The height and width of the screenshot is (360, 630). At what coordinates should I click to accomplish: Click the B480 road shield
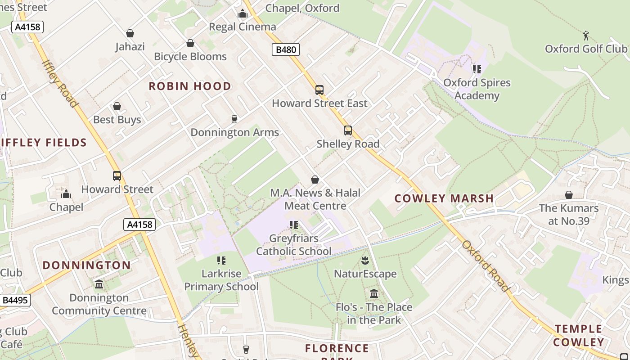point(286,49)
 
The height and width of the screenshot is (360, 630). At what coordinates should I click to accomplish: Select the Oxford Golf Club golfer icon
point(586,36)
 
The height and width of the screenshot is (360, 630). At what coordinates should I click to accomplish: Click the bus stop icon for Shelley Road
point(348,130)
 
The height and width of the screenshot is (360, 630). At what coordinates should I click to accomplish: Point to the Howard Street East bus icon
point(319,90)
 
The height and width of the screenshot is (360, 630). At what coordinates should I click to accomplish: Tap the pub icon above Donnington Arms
point(234,119)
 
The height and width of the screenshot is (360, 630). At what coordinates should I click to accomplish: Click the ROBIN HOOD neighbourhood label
point(190,86)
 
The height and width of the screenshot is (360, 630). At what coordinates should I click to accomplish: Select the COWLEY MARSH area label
point(444,198)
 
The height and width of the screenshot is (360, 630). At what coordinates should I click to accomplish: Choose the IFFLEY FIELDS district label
point(44,143)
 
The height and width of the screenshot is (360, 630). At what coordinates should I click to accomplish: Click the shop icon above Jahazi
point(130,33)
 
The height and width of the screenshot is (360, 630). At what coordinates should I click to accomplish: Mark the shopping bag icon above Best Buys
point(117,106)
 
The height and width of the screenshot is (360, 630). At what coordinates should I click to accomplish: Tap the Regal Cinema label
point(243,27)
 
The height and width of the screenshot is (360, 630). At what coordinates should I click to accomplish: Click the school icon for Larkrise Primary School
point(221,260)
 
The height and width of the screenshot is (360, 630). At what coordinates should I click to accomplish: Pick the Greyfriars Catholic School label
point(294,245)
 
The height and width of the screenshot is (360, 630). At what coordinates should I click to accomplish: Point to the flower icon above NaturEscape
point(365,260)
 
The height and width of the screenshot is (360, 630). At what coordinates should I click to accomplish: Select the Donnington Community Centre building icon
point(99,284)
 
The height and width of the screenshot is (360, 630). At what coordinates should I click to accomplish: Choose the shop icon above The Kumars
point(569,195)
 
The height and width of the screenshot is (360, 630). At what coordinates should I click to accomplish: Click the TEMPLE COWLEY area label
point(578,336)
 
